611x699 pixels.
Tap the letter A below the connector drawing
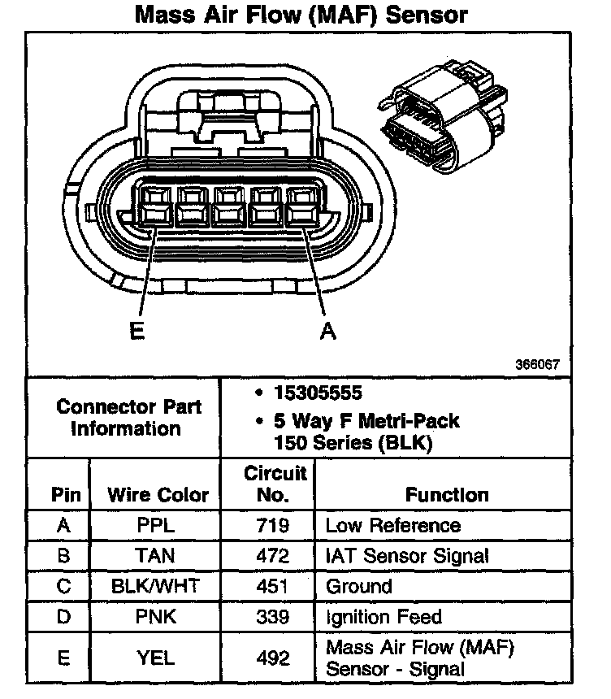(327, 332)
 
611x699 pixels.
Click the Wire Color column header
(158, 495)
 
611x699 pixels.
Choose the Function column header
(447, 495)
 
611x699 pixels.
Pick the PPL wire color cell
(155, 526)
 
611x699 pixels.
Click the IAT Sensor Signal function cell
(407, 556)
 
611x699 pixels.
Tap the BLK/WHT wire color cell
(155, 586)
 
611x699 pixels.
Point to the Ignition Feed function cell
(383, 617)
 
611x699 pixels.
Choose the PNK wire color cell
(155, 617)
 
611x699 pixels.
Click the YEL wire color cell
(155, 657)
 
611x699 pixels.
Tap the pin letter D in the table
(63, 617)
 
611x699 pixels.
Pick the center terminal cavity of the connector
(230, 205)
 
